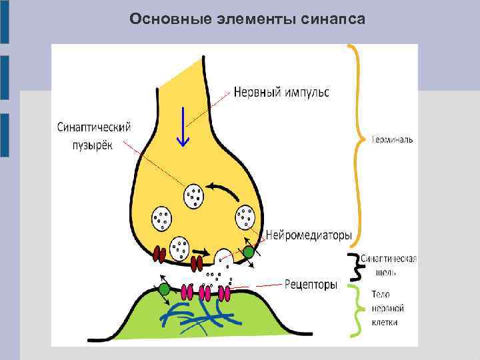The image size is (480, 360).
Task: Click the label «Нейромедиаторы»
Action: [x=309, y=235]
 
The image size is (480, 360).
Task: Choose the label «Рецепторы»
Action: [x=311, y=285]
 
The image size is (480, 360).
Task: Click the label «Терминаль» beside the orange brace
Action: [x=393, y=140]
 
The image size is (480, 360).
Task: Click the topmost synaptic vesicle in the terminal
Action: [x=194, y=195]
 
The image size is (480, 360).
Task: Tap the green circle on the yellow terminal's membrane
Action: [x=248, y=252]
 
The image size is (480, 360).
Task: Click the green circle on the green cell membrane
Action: [x=164, y=289]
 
